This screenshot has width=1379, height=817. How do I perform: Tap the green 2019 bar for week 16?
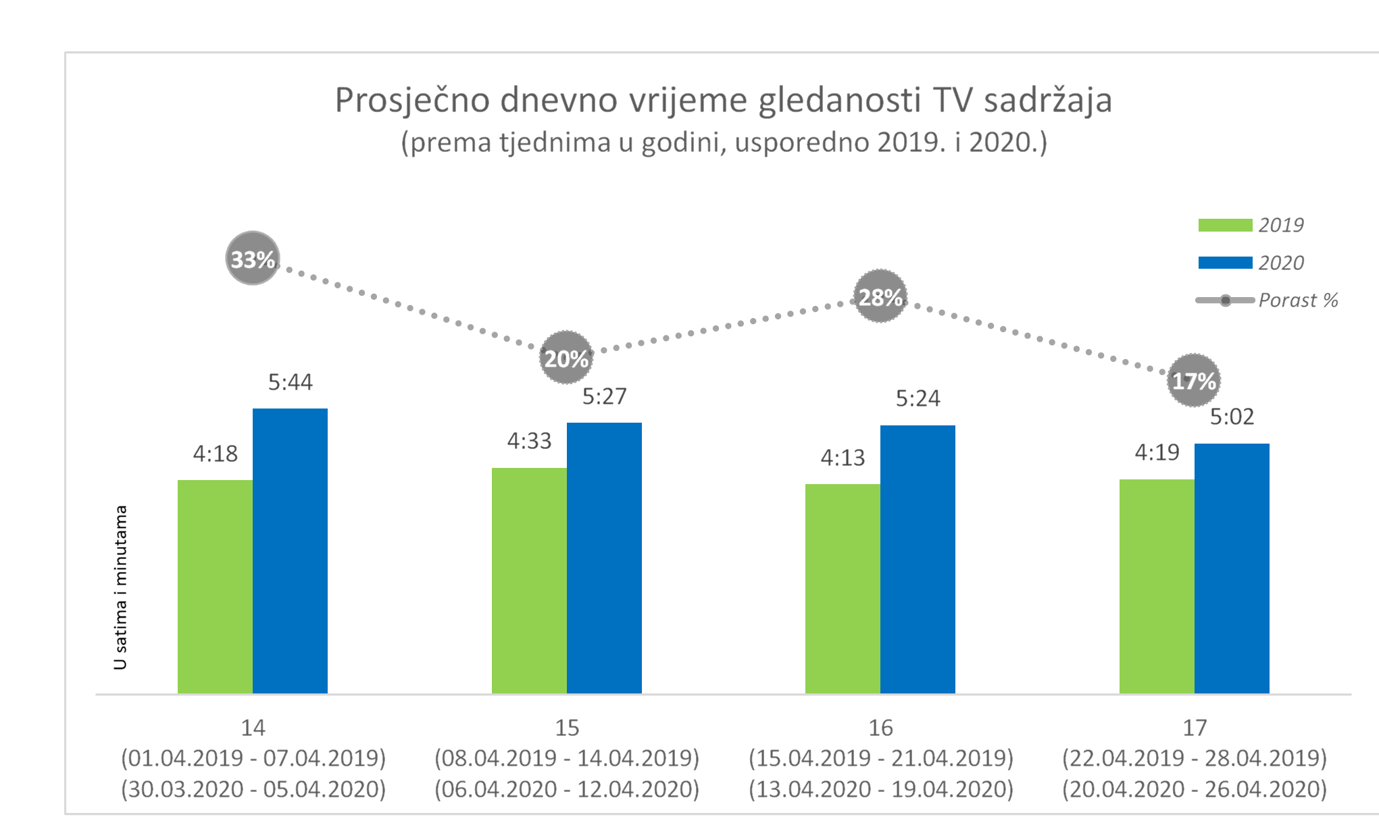(x=843, y=588)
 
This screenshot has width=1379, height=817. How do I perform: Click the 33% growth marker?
(x=253, y=259)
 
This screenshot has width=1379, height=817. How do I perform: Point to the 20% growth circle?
(x=566, y=358)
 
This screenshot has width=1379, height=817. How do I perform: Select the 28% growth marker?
(x=880, y=296)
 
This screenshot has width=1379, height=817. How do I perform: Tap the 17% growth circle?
(x=1194, y=381)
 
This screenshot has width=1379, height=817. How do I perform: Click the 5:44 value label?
(x=291, y=382)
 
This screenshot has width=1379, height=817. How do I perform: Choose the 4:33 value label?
(x=530, y=441)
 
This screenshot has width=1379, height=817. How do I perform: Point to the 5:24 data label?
(x=918, y=398)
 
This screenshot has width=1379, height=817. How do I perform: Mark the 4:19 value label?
(x=1157, y=452)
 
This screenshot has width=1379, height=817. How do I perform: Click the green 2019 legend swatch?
(x=1225, y=225)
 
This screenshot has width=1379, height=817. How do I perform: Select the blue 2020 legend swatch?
(x=1225, y=263)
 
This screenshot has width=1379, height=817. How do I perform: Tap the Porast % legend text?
(x=1298, y=300)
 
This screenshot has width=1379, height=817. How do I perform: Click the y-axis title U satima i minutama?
(x=120, y=587)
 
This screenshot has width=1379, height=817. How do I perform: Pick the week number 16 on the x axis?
(x=880, y=728)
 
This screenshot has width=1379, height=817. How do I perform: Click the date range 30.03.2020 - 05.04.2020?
(x=253, y=789)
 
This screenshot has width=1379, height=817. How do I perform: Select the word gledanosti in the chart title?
(x=840, y=101)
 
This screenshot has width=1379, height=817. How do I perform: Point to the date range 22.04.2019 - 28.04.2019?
(x=1194, y=758)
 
